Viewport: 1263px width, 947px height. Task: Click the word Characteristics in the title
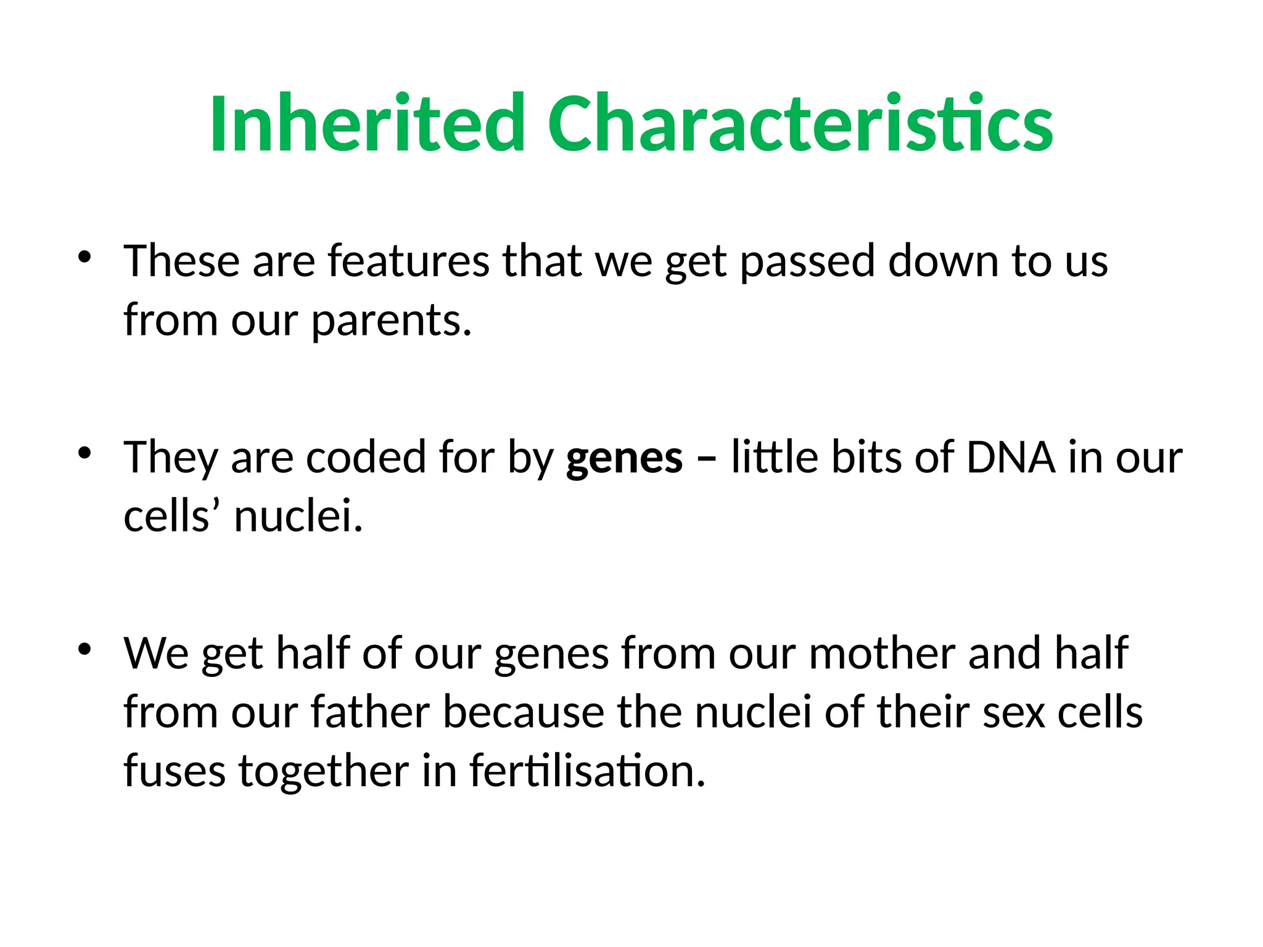point(800,123)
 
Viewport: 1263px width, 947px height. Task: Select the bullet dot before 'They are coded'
point(84,453)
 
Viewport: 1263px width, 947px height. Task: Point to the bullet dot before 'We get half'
point(84,649)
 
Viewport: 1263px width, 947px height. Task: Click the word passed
point(807,261)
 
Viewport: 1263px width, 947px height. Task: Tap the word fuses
point(175,772)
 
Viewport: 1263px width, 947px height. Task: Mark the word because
point(523,713)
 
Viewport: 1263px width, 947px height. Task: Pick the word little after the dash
point(775,457)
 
